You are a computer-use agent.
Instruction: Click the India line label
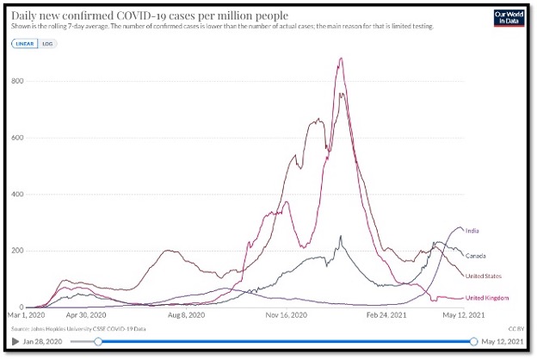click(472, 231)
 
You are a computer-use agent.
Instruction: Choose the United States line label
click(484, 276)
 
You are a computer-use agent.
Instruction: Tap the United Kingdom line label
click(487, 298)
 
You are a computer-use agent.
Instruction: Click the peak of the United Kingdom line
click(342, 59)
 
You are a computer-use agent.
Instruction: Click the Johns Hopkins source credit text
click(77, 327)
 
